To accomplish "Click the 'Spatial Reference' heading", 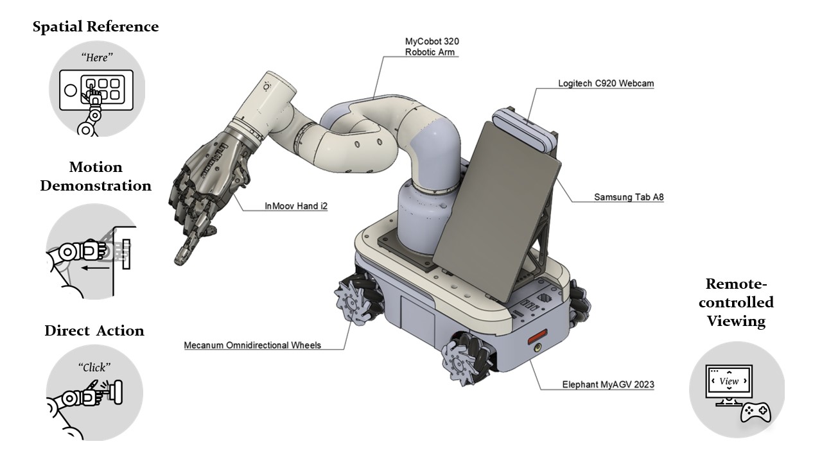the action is coord(96,27).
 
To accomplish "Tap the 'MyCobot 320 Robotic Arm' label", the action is coord(432,47).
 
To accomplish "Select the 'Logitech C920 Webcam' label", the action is coord(606,83).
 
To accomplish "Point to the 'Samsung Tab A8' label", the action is coord(629,197).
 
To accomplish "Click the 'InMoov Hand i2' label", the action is coord(296,206).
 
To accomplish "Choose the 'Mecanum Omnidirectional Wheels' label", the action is coord(252,345).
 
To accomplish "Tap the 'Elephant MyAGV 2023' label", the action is coord(608,384).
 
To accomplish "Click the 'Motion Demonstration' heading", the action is coord(96,176).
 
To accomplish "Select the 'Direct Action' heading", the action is coord(94,330).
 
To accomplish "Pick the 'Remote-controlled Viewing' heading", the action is coord(736,302).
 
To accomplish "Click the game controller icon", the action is coord(756,413).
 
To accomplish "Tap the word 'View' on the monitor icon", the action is coord(729,381).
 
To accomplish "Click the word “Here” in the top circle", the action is coord(97,57).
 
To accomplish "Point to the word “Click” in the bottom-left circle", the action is coord(94,367).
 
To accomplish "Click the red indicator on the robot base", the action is coord(538,336).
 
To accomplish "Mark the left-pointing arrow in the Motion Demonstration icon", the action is coord(95,268).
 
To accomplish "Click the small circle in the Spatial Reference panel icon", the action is coord(71,90).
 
